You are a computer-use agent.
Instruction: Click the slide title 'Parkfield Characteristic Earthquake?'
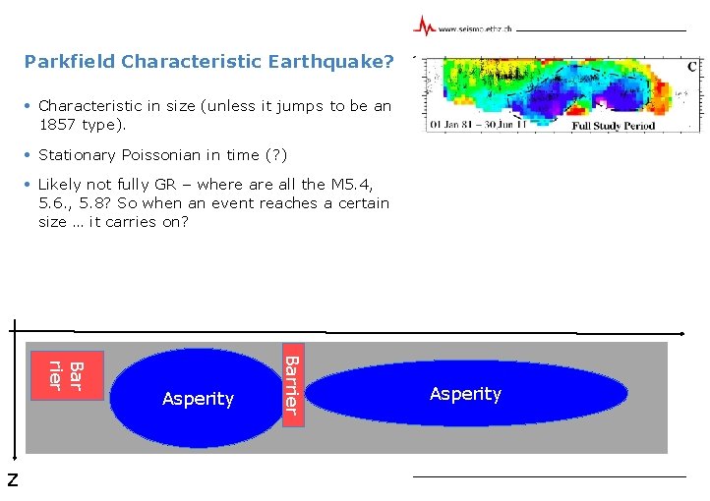(208, 62)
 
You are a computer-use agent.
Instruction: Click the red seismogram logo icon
(424, 27)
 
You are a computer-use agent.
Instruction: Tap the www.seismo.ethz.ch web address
(474, 29)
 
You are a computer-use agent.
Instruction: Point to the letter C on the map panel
(691, 67)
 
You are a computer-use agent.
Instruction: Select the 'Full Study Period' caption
(613, 126)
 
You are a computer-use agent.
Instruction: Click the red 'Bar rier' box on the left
(66, 374)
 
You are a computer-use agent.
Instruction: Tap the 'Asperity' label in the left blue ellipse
(198, 399)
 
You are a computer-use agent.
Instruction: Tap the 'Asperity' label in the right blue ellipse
(465, 394)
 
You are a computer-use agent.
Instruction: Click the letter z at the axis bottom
(12, 480)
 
